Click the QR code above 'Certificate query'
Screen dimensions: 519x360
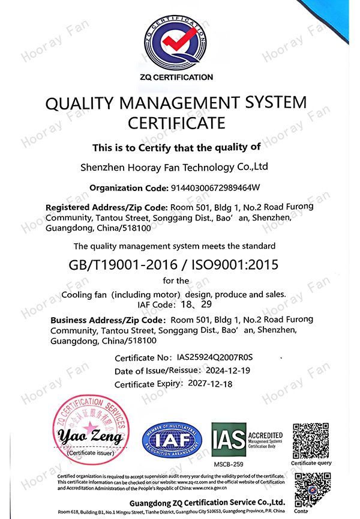311,440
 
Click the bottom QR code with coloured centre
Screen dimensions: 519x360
312,490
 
